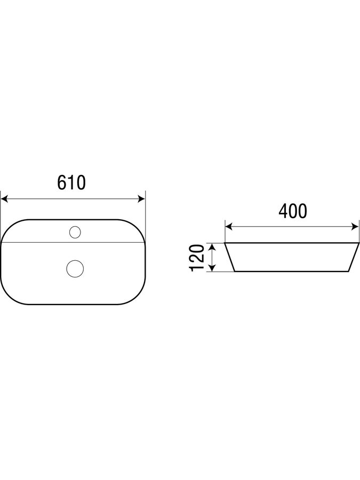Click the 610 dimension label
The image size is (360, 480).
(71, 182)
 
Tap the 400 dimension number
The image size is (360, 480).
(293, 211)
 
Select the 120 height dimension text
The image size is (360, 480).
(197, 258)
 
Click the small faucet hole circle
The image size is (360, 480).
(75, 232)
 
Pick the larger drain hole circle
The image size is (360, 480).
(75, 269)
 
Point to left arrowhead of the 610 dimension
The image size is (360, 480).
(4, 199)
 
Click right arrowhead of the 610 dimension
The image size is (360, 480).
(141, 199)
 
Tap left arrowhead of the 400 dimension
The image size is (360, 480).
(229, 227)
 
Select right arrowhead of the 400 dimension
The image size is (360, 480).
(355, 227)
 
